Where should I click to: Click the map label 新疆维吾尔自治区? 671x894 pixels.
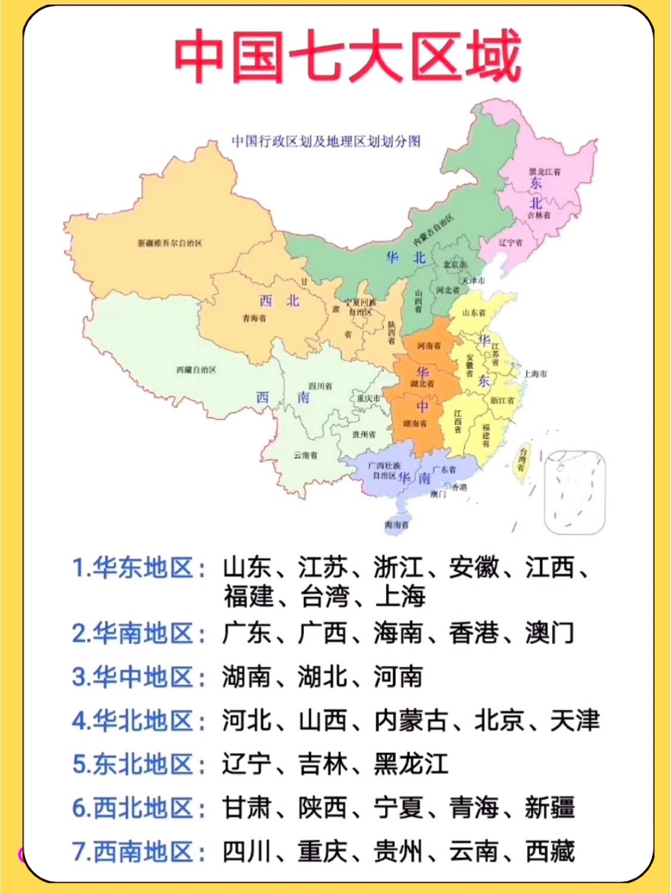pyautogui.click(x=170, y=243)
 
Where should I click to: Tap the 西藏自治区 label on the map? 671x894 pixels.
pyautogui.click(x=196, y=369)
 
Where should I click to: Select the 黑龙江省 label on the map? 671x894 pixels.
pyautogui.click(x=544, y=171)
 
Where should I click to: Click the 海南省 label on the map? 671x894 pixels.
pyautogui.click(x=396, y=525)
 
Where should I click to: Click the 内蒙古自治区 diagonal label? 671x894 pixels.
pyautogui.click(x=433, y=229)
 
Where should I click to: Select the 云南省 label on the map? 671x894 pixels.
pyautogui.click(x=305, y=455)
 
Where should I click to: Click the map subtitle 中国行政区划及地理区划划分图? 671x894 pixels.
pyautogui.click(x=326, y=141)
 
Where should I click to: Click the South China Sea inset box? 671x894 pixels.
pyautogui.click(x=575, y=492)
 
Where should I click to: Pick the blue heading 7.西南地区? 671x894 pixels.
pyautogui.click(x=138, y=852)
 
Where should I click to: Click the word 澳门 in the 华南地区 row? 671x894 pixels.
pyautogui.click(x=550, y=633)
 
